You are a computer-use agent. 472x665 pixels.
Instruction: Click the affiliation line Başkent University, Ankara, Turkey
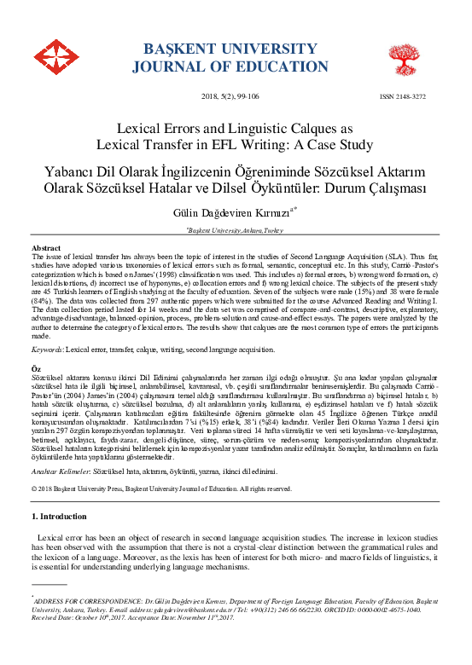point(235,230)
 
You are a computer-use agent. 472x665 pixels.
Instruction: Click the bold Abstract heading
point(46,247)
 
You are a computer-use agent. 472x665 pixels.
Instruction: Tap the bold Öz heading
point(37,367)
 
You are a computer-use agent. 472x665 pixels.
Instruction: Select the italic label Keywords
point(48,349)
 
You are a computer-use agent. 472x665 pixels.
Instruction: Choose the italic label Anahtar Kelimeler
point(62,471)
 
